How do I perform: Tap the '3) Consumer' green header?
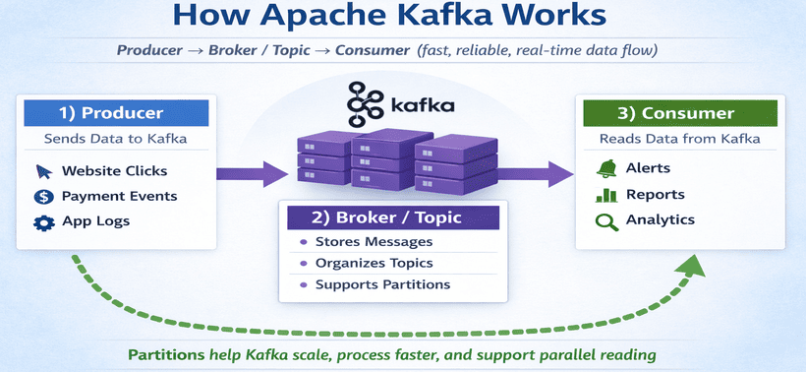pyautogui.click(x=678, y=113)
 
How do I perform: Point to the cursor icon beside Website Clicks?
pyautogui.click(x=42, y=171)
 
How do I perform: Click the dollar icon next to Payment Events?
pyautogui.click(x=42, y=196)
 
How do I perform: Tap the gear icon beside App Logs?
pyautogui.click(x=42, y=221)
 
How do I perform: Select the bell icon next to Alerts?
pyautogui.click(x=606, y=169)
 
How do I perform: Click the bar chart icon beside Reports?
pyautogui.click(x=606, y=195)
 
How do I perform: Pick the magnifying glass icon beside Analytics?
pyautogui.click(x=606, y=220)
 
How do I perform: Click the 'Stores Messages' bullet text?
pyautogui.click(x=374, y=241)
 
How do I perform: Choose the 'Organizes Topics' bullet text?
pyautogui.click(x=374, y=263)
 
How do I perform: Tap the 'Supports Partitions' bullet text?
pyautogui.click(x=382, y=284)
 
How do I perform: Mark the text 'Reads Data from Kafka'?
pyautogui.click(x=679, y=139)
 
